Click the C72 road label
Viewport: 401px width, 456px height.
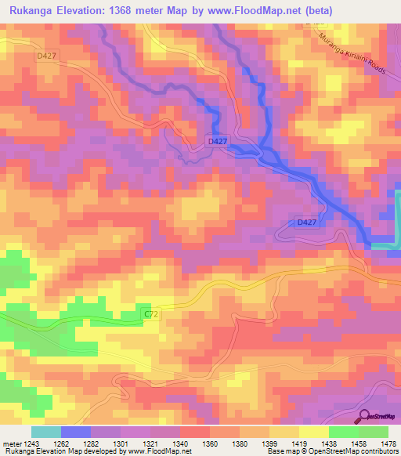152,314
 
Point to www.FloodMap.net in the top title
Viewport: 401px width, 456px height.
258,11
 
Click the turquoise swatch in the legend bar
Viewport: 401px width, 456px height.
46,432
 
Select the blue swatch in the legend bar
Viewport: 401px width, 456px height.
76,432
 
